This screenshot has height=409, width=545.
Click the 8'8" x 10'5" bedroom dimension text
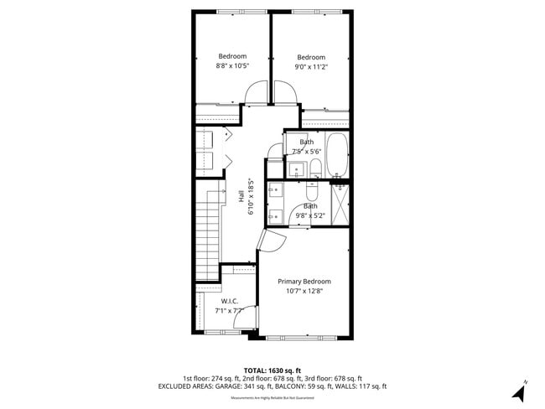232,65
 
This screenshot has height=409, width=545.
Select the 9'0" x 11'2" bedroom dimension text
311,68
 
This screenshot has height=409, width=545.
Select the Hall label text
241,197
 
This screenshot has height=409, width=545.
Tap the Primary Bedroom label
304,282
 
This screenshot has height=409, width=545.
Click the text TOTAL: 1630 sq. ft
272,370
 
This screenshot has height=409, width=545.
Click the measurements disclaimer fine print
272,397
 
